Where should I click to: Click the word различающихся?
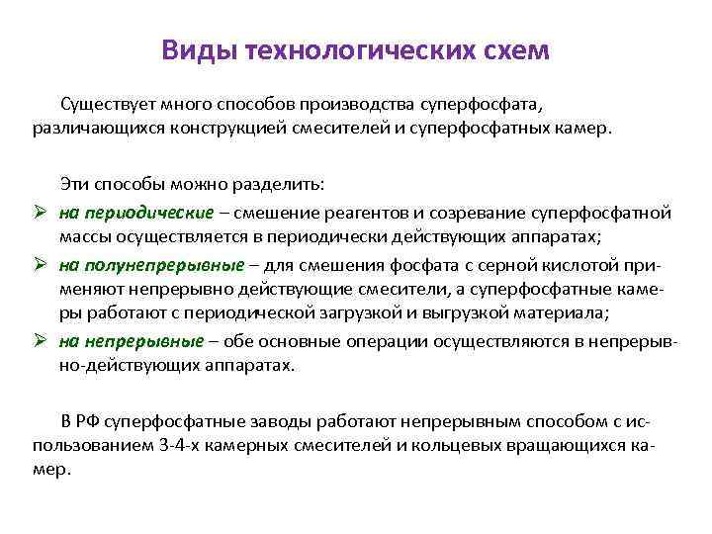click(x=97, y=129)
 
